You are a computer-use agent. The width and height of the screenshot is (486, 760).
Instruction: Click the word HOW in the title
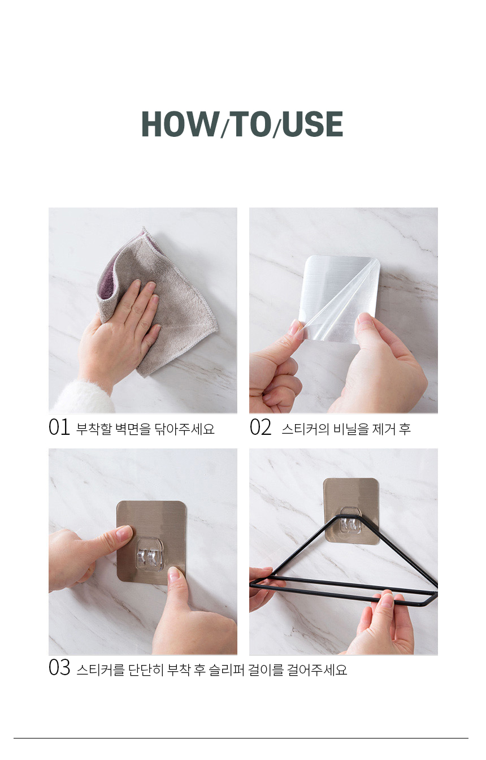[x=180, y=124]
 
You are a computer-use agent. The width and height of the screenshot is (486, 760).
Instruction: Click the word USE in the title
[x=313, y=124]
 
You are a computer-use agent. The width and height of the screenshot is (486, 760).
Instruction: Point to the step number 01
[x=59, y=427]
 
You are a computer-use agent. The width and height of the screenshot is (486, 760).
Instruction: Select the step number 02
[x=261, y=427]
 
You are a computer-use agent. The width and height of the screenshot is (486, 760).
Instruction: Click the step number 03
[x=59, y=667]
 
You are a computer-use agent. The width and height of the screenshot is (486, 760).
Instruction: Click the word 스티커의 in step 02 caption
[x=305, y=429]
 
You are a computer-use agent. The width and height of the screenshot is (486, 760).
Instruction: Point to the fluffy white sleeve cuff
[x=83, y=396]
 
